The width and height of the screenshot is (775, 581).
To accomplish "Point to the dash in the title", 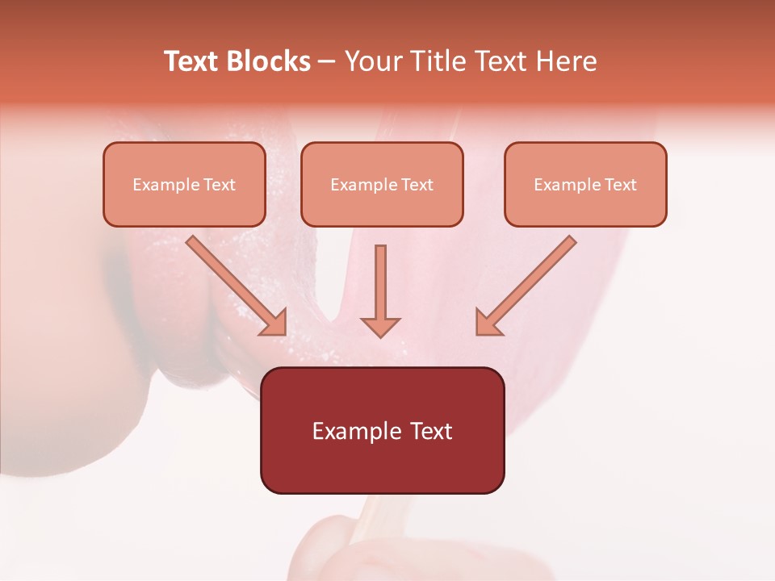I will pos(327,62).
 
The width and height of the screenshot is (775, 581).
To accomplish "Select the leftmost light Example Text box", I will pos(184,184).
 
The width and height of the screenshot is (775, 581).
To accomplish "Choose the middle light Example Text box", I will pos(382,184).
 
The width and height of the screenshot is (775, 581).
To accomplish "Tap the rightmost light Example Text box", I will pos(585,184).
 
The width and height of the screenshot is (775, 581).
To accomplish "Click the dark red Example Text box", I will pos(382,430).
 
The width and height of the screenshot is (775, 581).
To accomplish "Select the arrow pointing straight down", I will pos(380,290).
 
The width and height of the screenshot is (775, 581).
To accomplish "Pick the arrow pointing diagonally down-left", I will pos(525,286).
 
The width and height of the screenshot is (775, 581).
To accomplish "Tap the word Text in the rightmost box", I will pos(621,185).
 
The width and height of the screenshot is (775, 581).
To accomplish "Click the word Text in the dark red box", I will pos(432,431).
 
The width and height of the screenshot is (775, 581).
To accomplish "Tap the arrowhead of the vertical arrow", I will pos(380,326).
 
